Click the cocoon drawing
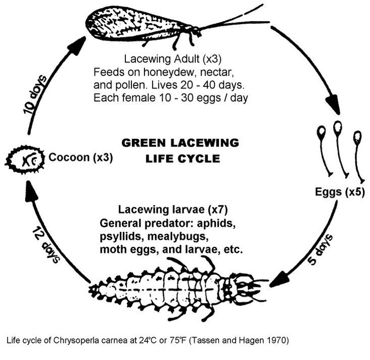25,160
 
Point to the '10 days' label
35,95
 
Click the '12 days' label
47,245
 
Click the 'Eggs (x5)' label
340,192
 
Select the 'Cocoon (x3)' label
81,158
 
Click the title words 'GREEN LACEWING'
180,143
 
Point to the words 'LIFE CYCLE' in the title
183,159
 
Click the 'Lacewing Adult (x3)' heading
173,59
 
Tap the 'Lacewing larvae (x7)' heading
173,210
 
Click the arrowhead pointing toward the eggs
333,104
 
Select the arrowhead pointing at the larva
280,279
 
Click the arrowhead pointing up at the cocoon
31,191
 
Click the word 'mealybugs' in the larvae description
178,236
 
